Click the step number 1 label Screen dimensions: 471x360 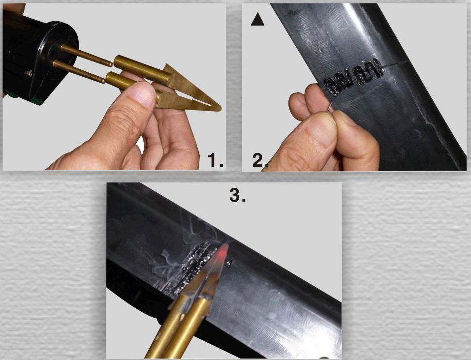pyautogui.click(x=216, y=160)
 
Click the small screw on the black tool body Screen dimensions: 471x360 pyautogui.click(x=30, y=72)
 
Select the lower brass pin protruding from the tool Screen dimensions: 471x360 pyautogui.click(x=79, y=71)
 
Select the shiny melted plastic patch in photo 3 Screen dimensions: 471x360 pyautogui.click(x=196, y=265)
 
